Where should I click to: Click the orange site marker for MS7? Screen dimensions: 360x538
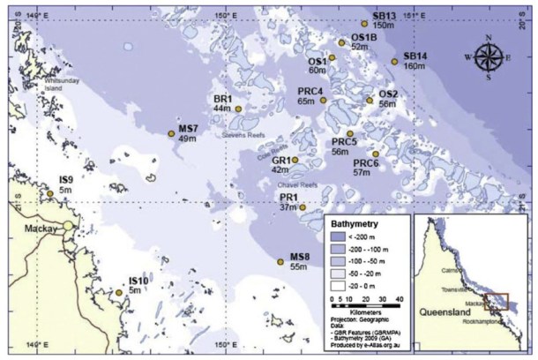[171, 133]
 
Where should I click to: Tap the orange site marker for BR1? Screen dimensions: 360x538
[237, 109]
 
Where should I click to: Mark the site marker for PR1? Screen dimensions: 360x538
[303, 207]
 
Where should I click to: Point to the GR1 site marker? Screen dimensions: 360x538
[295, 160]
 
